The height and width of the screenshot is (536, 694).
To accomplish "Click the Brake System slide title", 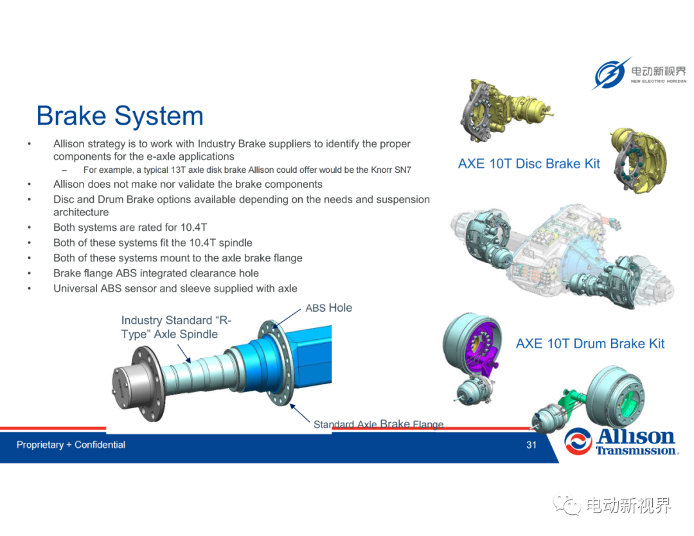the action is click(120, 116).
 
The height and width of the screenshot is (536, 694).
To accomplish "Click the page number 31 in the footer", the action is click(531, 445).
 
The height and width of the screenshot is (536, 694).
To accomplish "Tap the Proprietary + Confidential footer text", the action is click(71, 445).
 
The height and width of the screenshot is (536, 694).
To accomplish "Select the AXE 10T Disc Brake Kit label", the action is click(529, 164).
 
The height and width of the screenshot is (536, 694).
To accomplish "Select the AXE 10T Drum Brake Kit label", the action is click(591, 343).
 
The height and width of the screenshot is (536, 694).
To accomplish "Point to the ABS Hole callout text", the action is click(329, 308).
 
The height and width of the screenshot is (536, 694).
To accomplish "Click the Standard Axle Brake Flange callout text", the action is click(378, 424).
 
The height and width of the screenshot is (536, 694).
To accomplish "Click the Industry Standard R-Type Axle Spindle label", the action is click(176, 327).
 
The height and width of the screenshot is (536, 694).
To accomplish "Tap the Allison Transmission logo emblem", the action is click(578, 441).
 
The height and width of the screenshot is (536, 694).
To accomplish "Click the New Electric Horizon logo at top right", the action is click(639, 73).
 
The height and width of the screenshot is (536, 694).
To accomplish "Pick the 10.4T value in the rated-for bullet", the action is click(193, 228).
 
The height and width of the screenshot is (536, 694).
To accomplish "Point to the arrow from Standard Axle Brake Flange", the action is click(299, 413).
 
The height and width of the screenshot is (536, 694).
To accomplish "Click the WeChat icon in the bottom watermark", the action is click(567, 504).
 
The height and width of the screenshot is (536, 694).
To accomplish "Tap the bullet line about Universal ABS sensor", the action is click(175, 289).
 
